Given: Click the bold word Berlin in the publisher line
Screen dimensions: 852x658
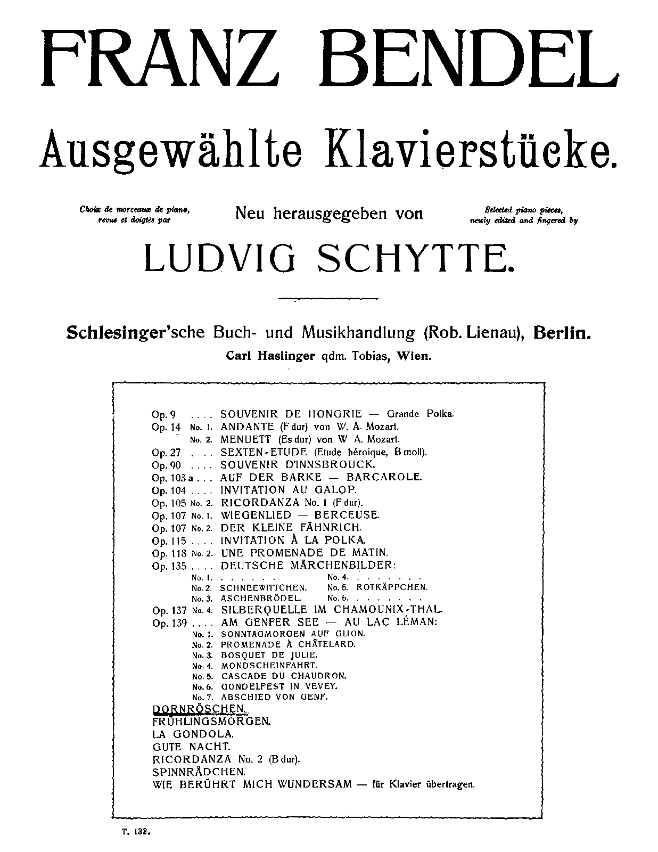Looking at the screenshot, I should pos(563,333).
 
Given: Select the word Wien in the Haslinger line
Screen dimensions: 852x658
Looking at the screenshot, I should pos(415,356).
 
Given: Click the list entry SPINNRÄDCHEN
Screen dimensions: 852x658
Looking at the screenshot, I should pos(199,771).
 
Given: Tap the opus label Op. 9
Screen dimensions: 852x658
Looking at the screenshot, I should pos(162,414).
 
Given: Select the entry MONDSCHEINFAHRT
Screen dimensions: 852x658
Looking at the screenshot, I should pos(269,665).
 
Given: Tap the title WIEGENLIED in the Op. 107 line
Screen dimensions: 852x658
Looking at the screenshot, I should pos(256,515).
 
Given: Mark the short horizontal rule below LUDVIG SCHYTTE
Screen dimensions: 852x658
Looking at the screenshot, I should pos(328,298).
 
